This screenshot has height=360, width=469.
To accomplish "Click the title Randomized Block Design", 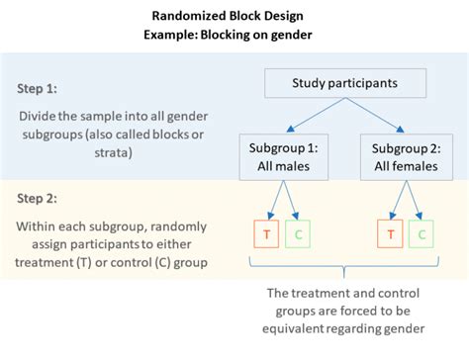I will tap(234, 16).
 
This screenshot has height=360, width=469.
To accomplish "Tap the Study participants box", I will tap(344, 84).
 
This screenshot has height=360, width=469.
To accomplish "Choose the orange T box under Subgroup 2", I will tap(392, 235).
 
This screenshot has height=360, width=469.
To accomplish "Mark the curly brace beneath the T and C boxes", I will tap(344, 268).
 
